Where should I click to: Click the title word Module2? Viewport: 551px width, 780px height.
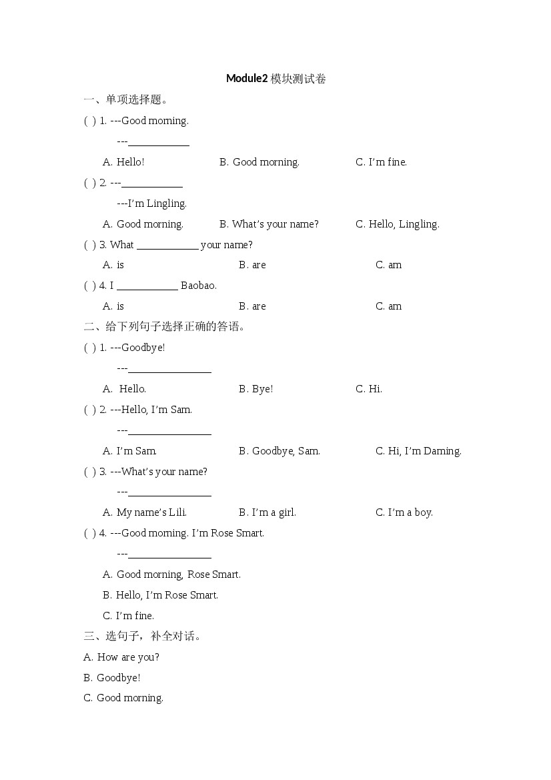pyautogui.click(x=247, y=79)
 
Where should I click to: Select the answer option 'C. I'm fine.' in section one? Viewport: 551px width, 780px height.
pyautogui.click(x=381, y=162)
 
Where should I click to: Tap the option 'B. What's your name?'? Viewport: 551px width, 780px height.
pyautogui.click(x=269, y=224)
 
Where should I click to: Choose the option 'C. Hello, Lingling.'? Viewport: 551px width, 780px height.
pyautogui.click(x=397, y=224)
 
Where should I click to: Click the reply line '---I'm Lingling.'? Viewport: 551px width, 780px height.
pyautogui.click(x=151, y=204)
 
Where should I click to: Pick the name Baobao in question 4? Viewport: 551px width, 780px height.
pyautogui.click(x=198, y=286)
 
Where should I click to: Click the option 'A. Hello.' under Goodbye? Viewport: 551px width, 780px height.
pyautogui.click(x=125, y=389)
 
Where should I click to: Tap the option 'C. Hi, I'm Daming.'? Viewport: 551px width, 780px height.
pyautogui.click(x=418, y=451)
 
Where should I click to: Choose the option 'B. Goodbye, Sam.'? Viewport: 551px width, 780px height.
pyautogui.click(x=279, y=451)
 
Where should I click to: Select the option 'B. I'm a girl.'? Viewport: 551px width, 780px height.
pyautogui.click(x=267, y=512)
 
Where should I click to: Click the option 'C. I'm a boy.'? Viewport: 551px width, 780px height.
pyautogui.click(x=404, y=512)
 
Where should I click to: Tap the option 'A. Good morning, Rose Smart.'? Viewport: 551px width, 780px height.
pyautogui.click(x=171, y=574)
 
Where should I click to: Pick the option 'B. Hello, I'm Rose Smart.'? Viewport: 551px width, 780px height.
pyautogui.click(x=160, y=595)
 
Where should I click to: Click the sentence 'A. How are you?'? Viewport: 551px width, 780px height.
pyautogui.click(x=121, y=657)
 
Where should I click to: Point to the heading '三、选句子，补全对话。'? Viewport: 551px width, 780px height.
pyautogui.click(x=143, y=637)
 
